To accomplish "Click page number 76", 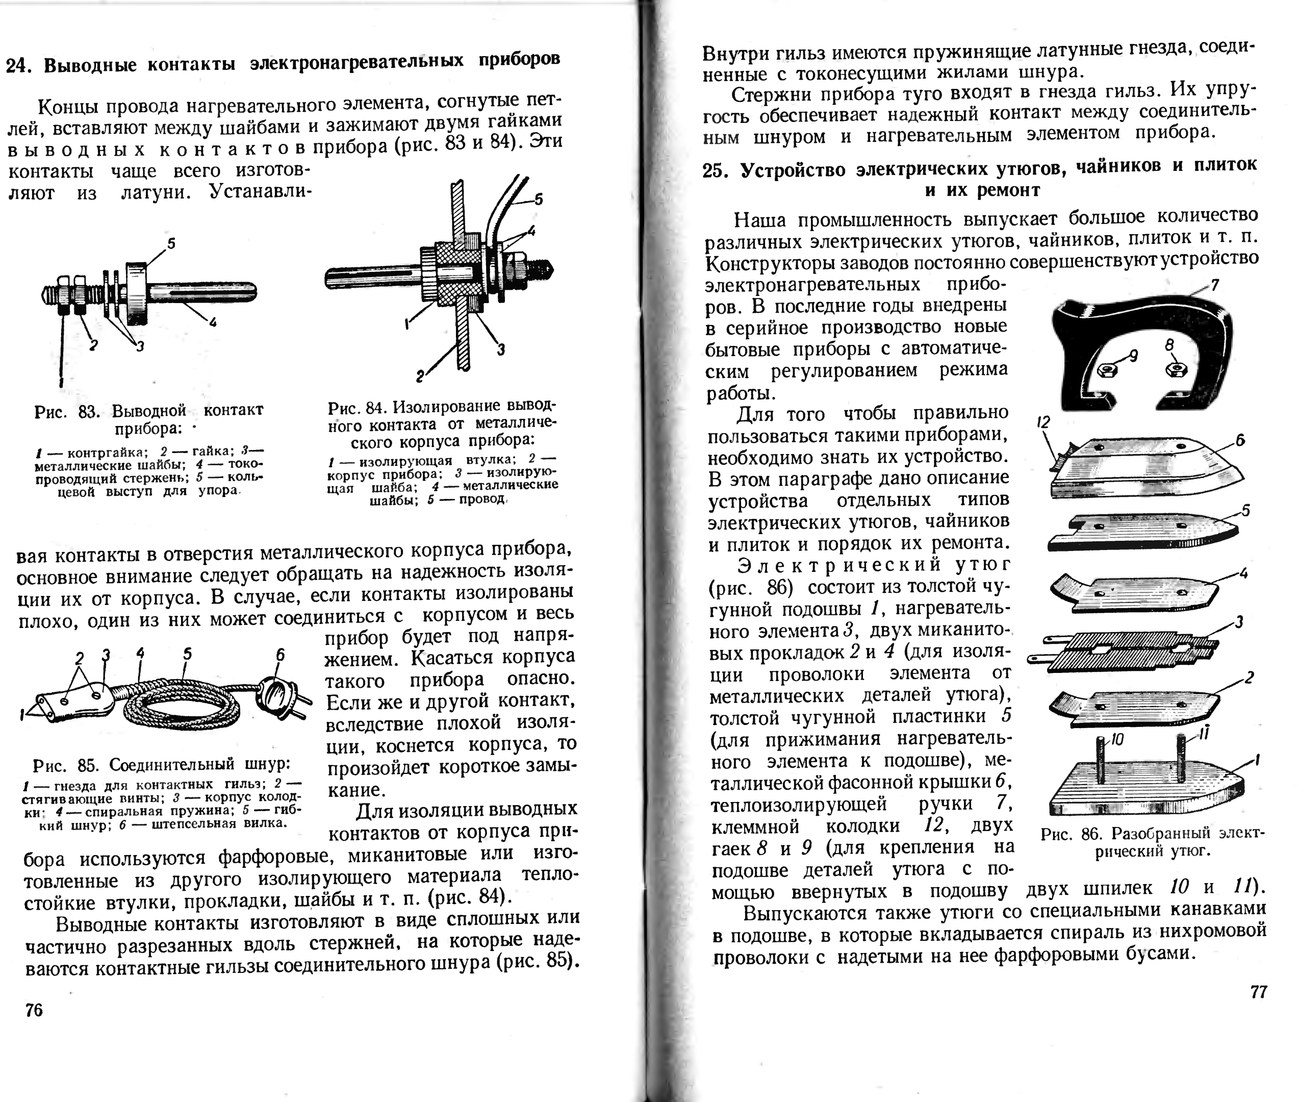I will (x=34, y=1010).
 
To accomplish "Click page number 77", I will (x=1259, y=992).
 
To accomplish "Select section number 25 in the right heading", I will (x=714, y=170).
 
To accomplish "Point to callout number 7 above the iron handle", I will (x=1215, y=286).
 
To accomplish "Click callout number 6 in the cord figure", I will (x=281, y=655).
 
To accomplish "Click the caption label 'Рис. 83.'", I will (x=66, y=412).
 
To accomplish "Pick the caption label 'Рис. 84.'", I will (x=357, y=408).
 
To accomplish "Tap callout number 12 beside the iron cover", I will (x=1044, y=423).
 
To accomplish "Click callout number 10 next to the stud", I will (x=1117, y=740).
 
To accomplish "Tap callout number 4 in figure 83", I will (x=212, y=322).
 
